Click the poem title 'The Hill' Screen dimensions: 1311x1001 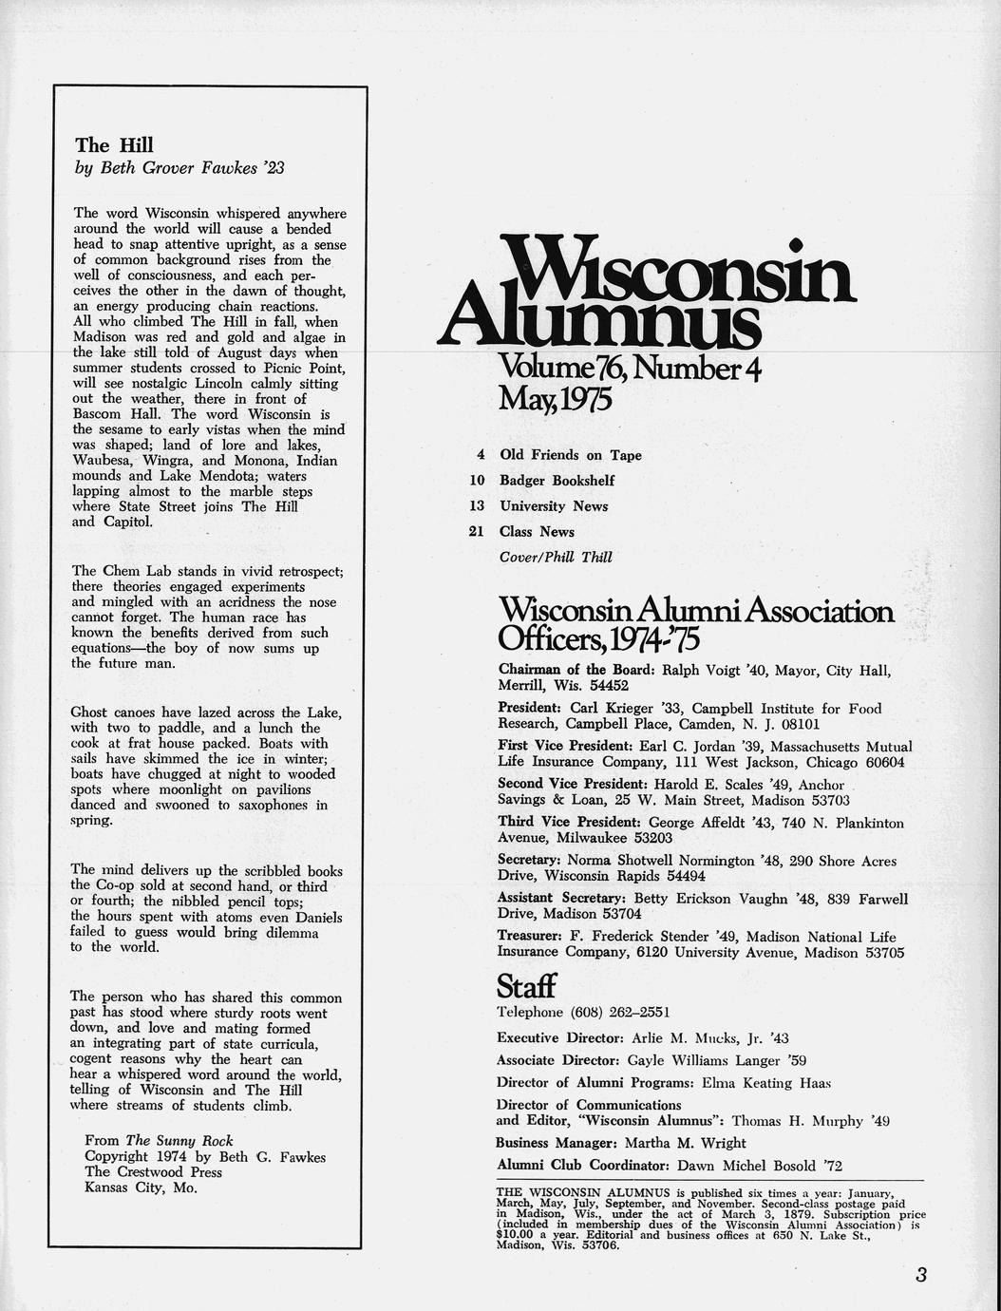(x=114, y=145)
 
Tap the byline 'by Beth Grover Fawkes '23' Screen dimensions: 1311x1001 (x=179, y=168)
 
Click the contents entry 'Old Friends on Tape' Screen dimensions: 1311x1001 (x=571, y=455)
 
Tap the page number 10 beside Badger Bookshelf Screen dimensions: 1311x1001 (x=478, y=481)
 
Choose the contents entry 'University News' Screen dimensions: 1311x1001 (x=554, y=506)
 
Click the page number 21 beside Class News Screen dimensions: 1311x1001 (x=477, y=532)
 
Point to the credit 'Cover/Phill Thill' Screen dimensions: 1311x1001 (x=556, y=558)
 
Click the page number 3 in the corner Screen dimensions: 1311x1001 (x=920, y=1275)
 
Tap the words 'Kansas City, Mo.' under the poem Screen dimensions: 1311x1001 (x=141, y=1187)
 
